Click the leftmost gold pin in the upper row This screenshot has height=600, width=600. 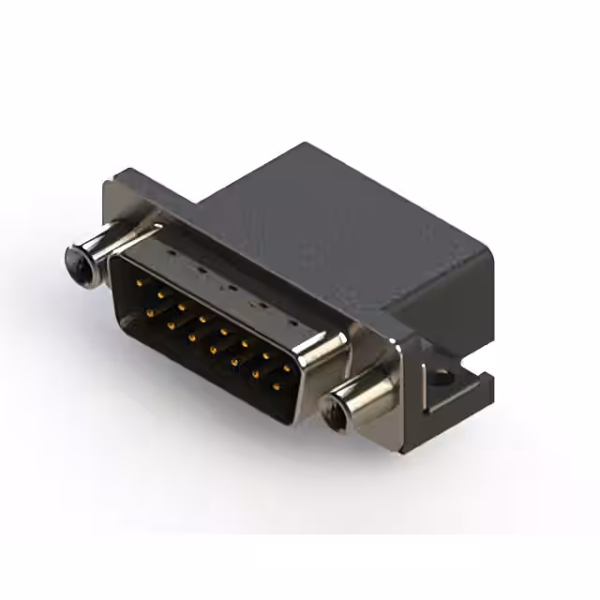coord(140,281)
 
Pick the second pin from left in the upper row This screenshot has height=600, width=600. coord(160,293)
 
